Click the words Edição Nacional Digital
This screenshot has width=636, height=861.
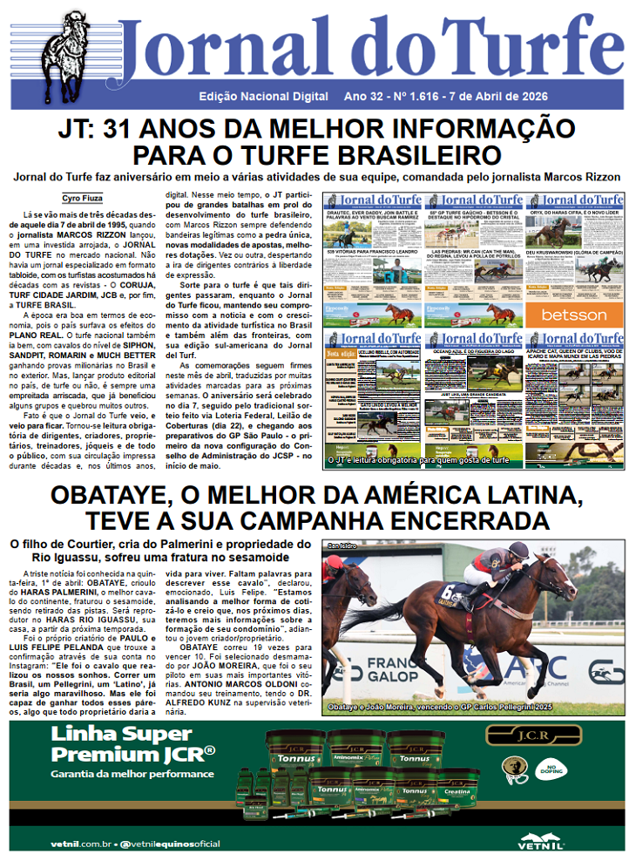(x=264, y=96)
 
